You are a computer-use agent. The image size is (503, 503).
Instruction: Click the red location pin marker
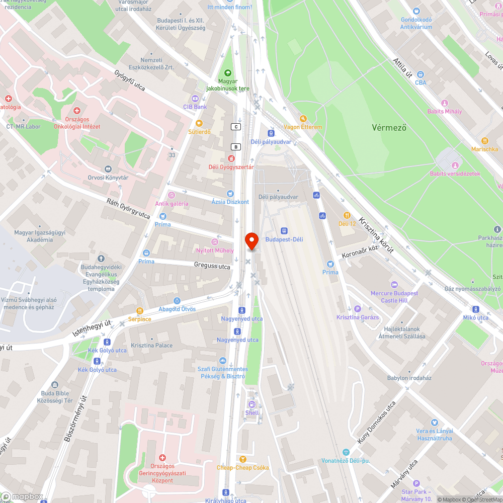251,241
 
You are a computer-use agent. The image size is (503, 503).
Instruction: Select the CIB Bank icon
195,99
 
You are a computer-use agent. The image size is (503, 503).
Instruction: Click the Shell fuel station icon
252,404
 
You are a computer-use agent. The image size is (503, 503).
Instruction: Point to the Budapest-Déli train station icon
284,231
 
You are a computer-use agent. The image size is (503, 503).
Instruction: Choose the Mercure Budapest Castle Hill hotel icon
394,285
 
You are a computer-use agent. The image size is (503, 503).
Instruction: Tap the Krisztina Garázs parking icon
358,309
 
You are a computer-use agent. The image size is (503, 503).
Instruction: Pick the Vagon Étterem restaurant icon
302,119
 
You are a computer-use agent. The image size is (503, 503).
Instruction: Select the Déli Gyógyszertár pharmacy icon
231,158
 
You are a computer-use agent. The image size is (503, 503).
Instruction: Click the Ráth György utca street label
128,208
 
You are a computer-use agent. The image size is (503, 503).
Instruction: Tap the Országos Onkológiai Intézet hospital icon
77,110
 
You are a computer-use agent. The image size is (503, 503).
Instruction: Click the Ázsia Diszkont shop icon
230,193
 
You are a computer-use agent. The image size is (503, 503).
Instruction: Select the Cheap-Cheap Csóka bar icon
242,459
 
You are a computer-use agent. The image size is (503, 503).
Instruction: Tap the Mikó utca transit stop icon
476,309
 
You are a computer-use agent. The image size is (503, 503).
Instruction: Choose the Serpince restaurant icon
139,311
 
